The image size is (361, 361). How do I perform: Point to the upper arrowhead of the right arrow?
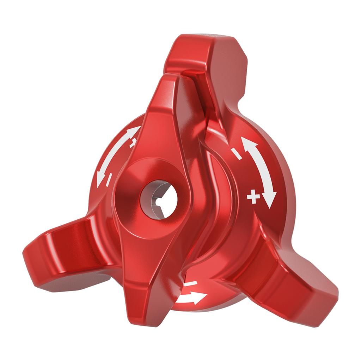(248, 144)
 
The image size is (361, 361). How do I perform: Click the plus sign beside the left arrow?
(133, 143)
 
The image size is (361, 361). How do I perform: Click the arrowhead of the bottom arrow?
(200, 298)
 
